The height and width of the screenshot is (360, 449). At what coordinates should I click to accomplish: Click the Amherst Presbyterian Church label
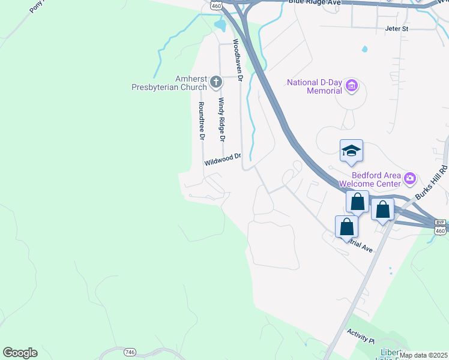(169, 83)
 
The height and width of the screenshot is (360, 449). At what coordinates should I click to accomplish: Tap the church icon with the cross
(215, 79)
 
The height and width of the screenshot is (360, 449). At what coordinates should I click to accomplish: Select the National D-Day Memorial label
(315, 86)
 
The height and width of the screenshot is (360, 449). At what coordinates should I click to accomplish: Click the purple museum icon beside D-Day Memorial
(352, 87)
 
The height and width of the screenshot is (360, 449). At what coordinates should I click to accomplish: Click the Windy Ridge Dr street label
(221, 119)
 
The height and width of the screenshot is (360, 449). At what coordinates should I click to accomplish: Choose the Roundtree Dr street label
(202, 120)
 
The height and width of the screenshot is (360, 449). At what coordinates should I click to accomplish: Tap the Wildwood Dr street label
(222, 160)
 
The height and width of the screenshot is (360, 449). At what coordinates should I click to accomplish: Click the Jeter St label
(396, 28)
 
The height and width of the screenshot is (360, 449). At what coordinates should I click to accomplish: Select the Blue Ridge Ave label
(314, 3)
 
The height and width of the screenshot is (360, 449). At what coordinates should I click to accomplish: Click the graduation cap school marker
(351, 151)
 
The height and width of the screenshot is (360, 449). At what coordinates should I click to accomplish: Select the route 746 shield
(130, 351)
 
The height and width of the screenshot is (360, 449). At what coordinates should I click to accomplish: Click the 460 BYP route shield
(441, 226)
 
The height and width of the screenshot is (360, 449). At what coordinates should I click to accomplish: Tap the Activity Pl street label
(360, 335)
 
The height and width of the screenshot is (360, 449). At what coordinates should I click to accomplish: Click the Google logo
(20, 353)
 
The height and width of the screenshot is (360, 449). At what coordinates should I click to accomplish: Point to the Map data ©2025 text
(423, 355)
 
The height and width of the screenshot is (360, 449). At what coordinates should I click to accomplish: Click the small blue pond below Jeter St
(364, 49)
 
